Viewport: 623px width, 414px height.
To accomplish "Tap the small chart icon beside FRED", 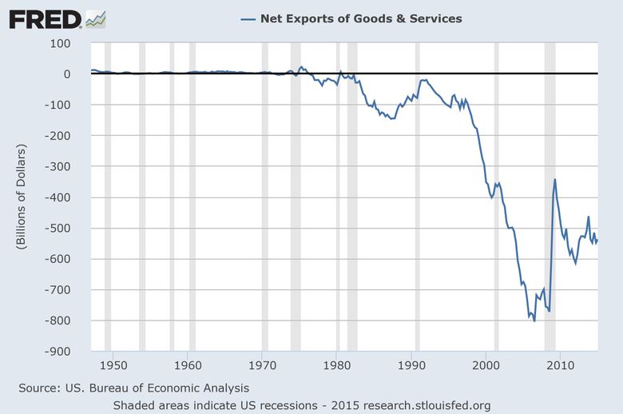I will (x=96, y=18).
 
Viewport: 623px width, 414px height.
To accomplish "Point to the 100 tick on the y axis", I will (x=60, y=42).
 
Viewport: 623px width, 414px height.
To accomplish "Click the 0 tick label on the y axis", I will (x=67, y=74).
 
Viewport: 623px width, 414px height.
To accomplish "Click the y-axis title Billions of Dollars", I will (x=22, y=197).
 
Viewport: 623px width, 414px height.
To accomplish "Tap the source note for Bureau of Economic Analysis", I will (x=134, y=388).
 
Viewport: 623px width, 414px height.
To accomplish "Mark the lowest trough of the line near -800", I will (x=534, y=320).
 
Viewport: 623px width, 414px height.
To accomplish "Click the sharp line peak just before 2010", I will (x=554, y=180).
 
